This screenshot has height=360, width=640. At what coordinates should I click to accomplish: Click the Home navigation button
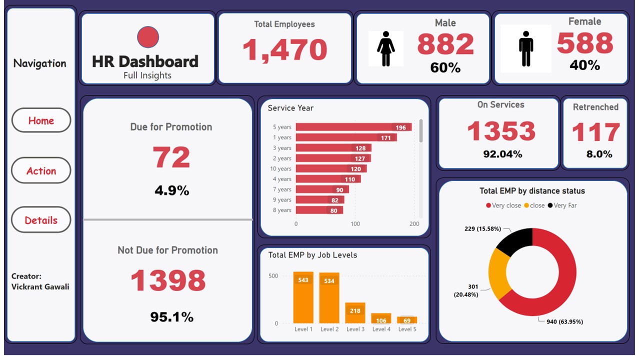click(x=41, y=120)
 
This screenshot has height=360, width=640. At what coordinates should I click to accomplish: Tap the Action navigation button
click(x=41, y=170)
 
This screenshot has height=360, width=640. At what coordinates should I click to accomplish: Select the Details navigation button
click(x=41, y=220)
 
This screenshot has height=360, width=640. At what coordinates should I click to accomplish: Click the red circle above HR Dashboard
click(x=148, y=37)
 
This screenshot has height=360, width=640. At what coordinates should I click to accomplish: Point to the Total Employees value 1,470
click(x=284, y=50)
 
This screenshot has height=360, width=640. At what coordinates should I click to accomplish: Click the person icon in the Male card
click(x=385, y=48)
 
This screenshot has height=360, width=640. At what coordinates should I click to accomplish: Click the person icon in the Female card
click(x=525, y=48)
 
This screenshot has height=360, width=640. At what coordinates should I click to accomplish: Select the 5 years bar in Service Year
click(x=353, y=127)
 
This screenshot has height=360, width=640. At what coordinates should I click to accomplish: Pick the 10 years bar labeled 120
click(x=330, y=169)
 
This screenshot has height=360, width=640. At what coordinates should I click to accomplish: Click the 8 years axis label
click(x=282, y=210)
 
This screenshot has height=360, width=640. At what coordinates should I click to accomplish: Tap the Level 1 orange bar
click(x=303, y=298)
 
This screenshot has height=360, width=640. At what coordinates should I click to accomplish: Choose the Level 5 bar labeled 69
click(x=407, y=320)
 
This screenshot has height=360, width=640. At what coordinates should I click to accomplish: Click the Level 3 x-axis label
click(x=355, y=329)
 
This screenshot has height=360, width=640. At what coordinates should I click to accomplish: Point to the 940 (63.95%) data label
click(x=564, y=321)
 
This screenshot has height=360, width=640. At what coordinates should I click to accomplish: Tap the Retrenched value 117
click(x=595, y=132)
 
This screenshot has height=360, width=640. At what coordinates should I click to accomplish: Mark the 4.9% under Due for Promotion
click(x=171, y=190)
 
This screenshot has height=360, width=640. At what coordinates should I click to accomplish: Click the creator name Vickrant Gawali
click(x=40, y=286)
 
